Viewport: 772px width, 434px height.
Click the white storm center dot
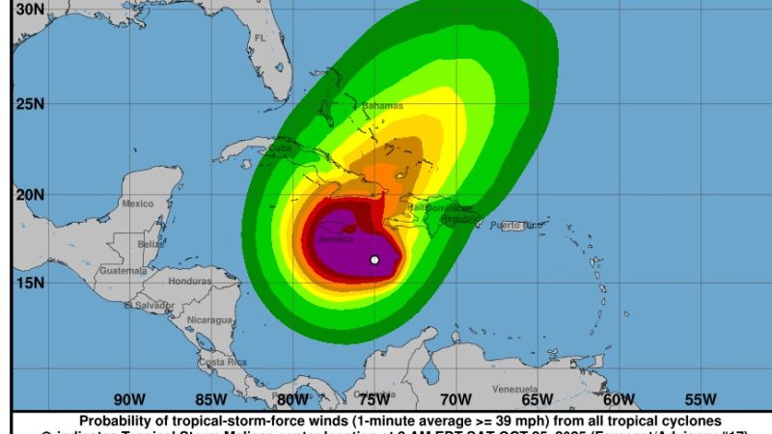(x=374, y=259)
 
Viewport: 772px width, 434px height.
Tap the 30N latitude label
(x=31, y=9)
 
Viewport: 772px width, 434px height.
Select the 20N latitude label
(x=31, y=194)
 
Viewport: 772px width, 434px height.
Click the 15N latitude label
(x=31, y=283)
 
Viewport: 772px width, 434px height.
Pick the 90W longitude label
(x=128, y=399)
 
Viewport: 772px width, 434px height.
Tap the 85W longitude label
(x=210, y=399)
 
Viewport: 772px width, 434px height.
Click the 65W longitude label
(x=537, y=399)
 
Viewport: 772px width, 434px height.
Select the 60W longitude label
(x=619, y=399)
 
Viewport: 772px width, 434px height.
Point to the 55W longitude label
(x=701, y=399)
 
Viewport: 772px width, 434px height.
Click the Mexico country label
(x=138, y=203)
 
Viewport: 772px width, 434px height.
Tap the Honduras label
(x=189, y=281)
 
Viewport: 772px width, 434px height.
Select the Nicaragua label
(x=210, y=319)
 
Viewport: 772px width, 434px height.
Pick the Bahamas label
(x=384, y=106)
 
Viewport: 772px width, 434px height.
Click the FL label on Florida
(x=260, y=38)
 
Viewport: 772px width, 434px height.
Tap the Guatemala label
(x=122, y=271)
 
